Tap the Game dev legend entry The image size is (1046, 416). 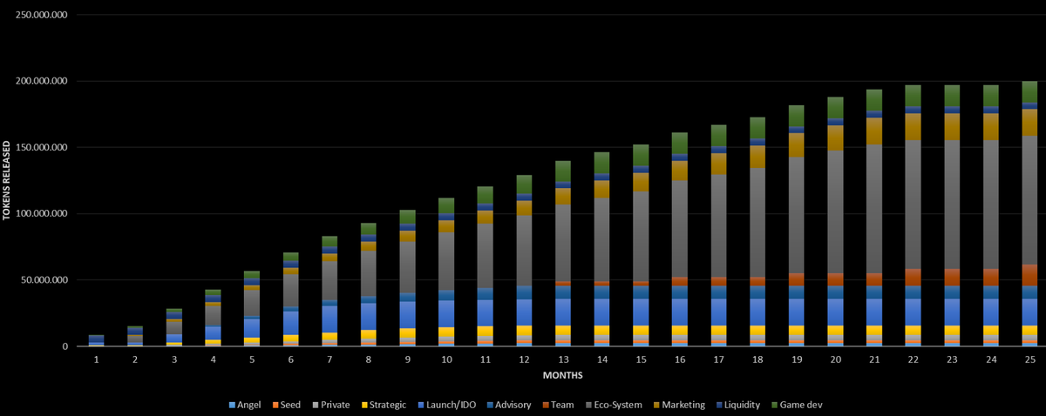tap(799, 404)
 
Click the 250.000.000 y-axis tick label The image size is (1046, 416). tap(41, 15)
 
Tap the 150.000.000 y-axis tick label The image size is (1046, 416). tap(41, 148)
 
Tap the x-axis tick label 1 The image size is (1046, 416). tap(96, 359)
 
